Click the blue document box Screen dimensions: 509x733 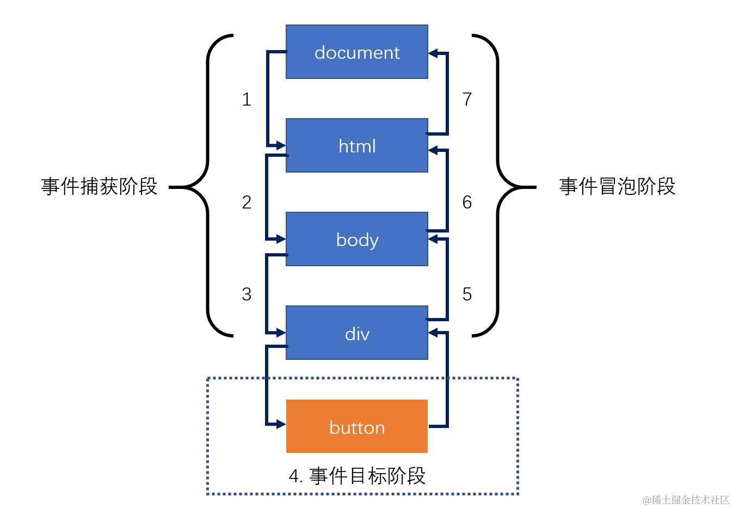356,52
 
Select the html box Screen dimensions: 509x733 356,145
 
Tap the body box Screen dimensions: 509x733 356,239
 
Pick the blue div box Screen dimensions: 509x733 356,333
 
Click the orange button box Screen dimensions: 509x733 356,426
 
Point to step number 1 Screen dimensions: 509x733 247,99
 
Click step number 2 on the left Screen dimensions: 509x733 247,202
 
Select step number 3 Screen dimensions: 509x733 247,294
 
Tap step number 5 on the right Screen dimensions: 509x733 467,294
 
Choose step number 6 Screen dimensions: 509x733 467,202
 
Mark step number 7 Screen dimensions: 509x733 467,99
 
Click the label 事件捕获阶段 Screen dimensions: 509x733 99,186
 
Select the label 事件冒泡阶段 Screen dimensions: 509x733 617,186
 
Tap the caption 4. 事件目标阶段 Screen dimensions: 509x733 356,476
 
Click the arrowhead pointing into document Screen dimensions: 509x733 434,53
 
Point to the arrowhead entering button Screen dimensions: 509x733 281,424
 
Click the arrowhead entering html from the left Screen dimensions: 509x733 281,145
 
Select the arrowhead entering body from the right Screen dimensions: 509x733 434,240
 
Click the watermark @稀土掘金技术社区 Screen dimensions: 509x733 685,500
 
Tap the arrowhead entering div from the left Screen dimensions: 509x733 281,332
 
